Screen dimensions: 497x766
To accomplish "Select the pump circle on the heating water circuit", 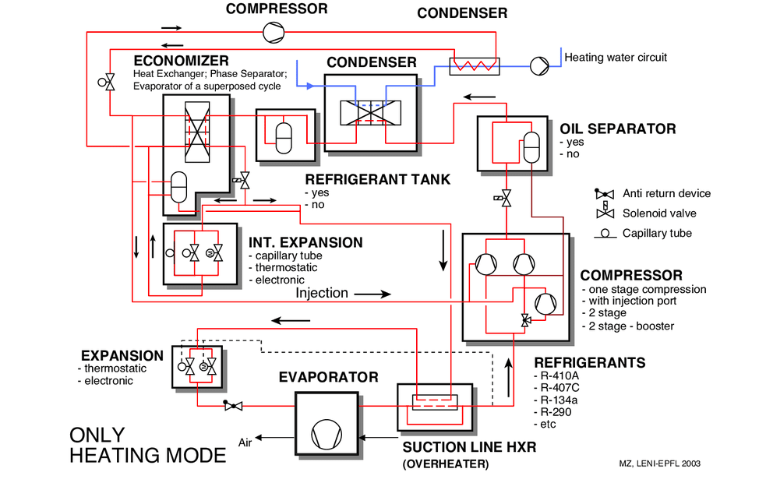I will tap(538, 65).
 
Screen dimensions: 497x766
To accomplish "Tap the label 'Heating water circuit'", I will tap(616, 58).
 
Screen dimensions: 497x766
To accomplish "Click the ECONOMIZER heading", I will tap(181, 61).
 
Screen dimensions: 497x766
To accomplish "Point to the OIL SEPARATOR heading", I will tap(617, 129).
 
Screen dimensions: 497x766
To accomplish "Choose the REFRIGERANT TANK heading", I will tap(377, 179).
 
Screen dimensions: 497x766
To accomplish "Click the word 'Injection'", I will tap(321, 294).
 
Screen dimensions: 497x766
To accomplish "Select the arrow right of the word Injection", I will tap(372, 294).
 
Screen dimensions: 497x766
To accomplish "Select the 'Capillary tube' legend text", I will tap(657, 233).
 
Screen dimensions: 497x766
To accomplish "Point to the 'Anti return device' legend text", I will tap(666, 194).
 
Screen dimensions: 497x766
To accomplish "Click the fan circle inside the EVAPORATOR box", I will tap(327, 432).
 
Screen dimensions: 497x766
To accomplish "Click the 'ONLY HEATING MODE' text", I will tap(148, 446).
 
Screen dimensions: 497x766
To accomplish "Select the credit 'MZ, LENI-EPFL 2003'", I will tap(659, 464).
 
